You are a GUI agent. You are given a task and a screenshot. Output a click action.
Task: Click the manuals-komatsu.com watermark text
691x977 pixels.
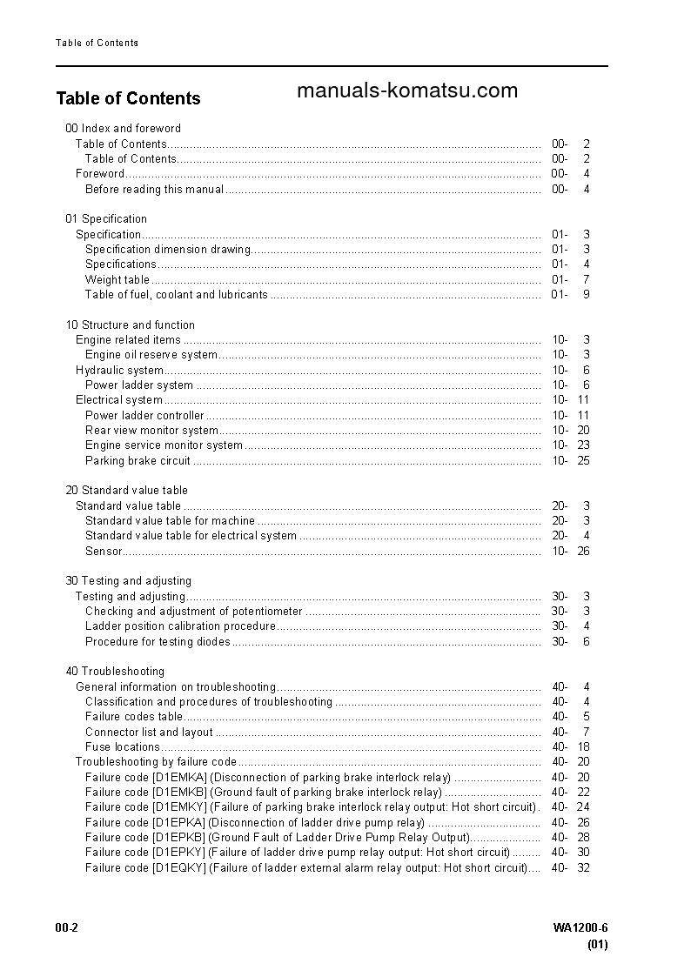(406, 90)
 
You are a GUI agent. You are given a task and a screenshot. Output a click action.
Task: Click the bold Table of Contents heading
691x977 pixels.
(128, 98)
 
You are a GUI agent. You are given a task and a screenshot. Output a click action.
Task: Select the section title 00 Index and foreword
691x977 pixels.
(124, 128)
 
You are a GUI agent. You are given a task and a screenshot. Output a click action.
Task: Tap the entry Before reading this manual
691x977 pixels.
(154, 189)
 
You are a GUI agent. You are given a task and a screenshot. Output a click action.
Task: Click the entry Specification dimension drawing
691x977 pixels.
(168, 250)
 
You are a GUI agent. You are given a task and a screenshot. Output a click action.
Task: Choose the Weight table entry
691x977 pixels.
(117, 279)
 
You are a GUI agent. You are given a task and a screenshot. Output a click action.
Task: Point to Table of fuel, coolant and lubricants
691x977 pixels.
(176, 295)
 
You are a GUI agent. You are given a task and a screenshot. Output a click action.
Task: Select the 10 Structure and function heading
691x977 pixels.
(131, 325)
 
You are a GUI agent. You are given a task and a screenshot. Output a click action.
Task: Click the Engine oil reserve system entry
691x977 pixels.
(151, 355)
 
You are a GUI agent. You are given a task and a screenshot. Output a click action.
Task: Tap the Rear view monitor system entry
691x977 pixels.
(151, 431)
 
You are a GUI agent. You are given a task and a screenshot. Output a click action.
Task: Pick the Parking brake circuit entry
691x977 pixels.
(138, 460)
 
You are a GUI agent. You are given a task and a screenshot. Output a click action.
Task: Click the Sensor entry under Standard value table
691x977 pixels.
(104, 551)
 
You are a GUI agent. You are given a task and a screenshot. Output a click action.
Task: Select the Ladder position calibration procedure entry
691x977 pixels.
(180, 626)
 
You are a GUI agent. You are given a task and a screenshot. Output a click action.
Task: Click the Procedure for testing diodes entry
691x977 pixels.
(158, 641)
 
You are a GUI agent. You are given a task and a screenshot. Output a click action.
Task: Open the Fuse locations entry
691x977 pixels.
(123, 747)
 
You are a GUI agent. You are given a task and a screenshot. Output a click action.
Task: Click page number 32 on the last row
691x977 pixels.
(583, 867)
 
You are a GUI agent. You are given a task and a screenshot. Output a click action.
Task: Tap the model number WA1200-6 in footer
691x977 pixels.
(580, 928)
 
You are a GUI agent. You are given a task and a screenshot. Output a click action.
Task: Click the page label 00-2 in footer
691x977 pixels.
(67, 928)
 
